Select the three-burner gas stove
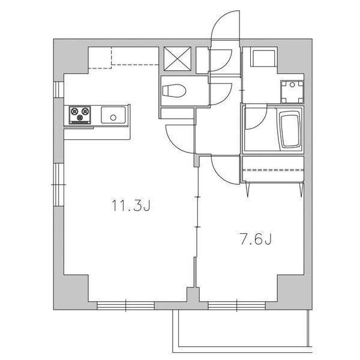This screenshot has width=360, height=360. pos(80,114)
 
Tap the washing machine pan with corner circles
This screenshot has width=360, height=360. pos(292,91)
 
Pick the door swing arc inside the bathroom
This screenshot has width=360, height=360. pos(255,120)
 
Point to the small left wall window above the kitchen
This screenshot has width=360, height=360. pos(58,89)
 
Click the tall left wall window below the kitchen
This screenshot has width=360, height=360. pos(58,183)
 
